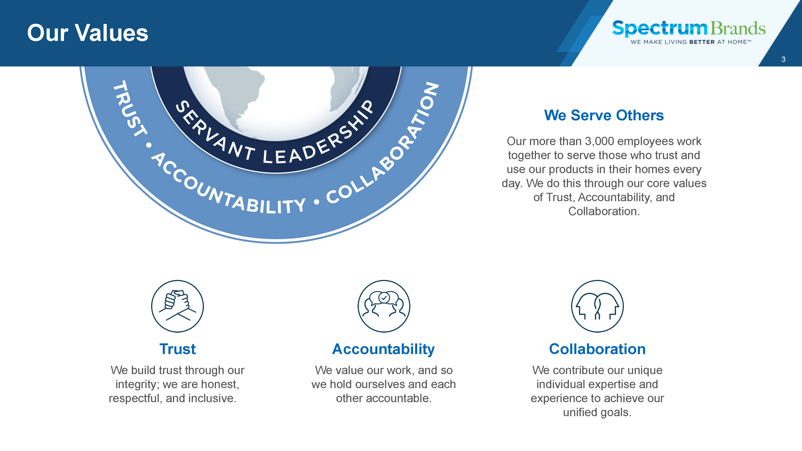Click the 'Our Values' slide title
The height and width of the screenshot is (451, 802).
pyautogui.click(x=88, y=33)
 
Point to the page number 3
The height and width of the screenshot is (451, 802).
pyautogui.click(x=783, y=59)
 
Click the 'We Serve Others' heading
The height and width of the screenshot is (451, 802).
pyautogui.click(x=604, y=115)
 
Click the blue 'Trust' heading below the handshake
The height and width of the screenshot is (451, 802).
pyautogui.click(x=178, y=349)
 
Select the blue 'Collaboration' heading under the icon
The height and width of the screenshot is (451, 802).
pyautogui.click(x=597, y=349)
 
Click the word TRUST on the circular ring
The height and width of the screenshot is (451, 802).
pyautogui.click(x=129, y=108)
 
